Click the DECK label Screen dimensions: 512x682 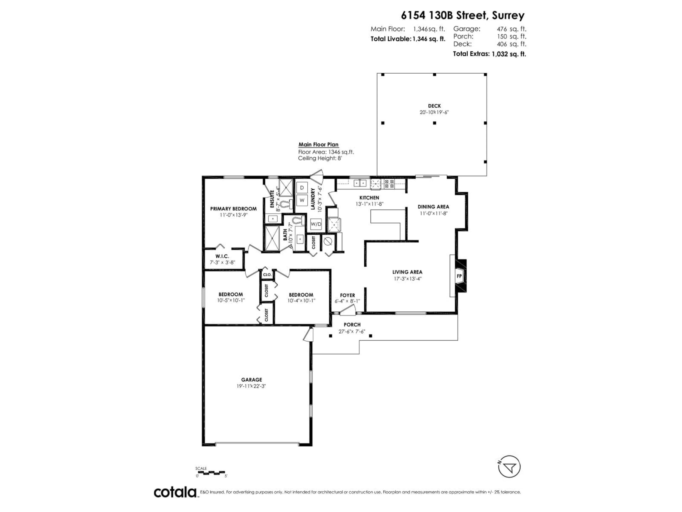[434, 106]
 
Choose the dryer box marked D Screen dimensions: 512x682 [302, 188]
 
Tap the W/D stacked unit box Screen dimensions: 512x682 [316, 224]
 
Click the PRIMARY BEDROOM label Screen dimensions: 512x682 [233, 209]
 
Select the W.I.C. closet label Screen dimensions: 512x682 [222, 256]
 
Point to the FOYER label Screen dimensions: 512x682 [347, 295]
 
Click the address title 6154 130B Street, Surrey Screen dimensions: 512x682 [462, 15]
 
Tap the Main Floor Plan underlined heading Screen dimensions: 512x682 [318, 144]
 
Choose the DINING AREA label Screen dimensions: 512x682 [433, 207]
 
